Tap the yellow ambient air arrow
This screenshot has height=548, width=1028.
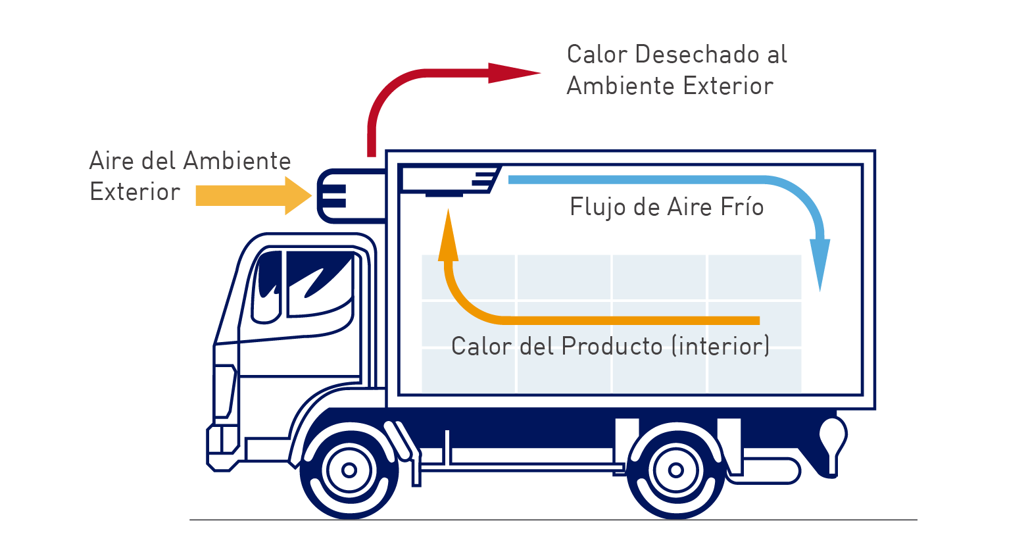pos(254,195)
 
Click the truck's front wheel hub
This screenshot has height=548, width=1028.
pos(349,470)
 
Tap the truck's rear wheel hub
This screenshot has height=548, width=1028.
pos(676,470)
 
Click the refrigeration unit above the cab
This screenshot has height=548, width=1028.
pos(351,196)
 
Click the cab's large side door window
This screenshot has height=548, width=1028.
pos(320,283)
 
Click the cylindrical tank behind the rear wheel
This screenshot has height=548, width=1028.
pos(764,471)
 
